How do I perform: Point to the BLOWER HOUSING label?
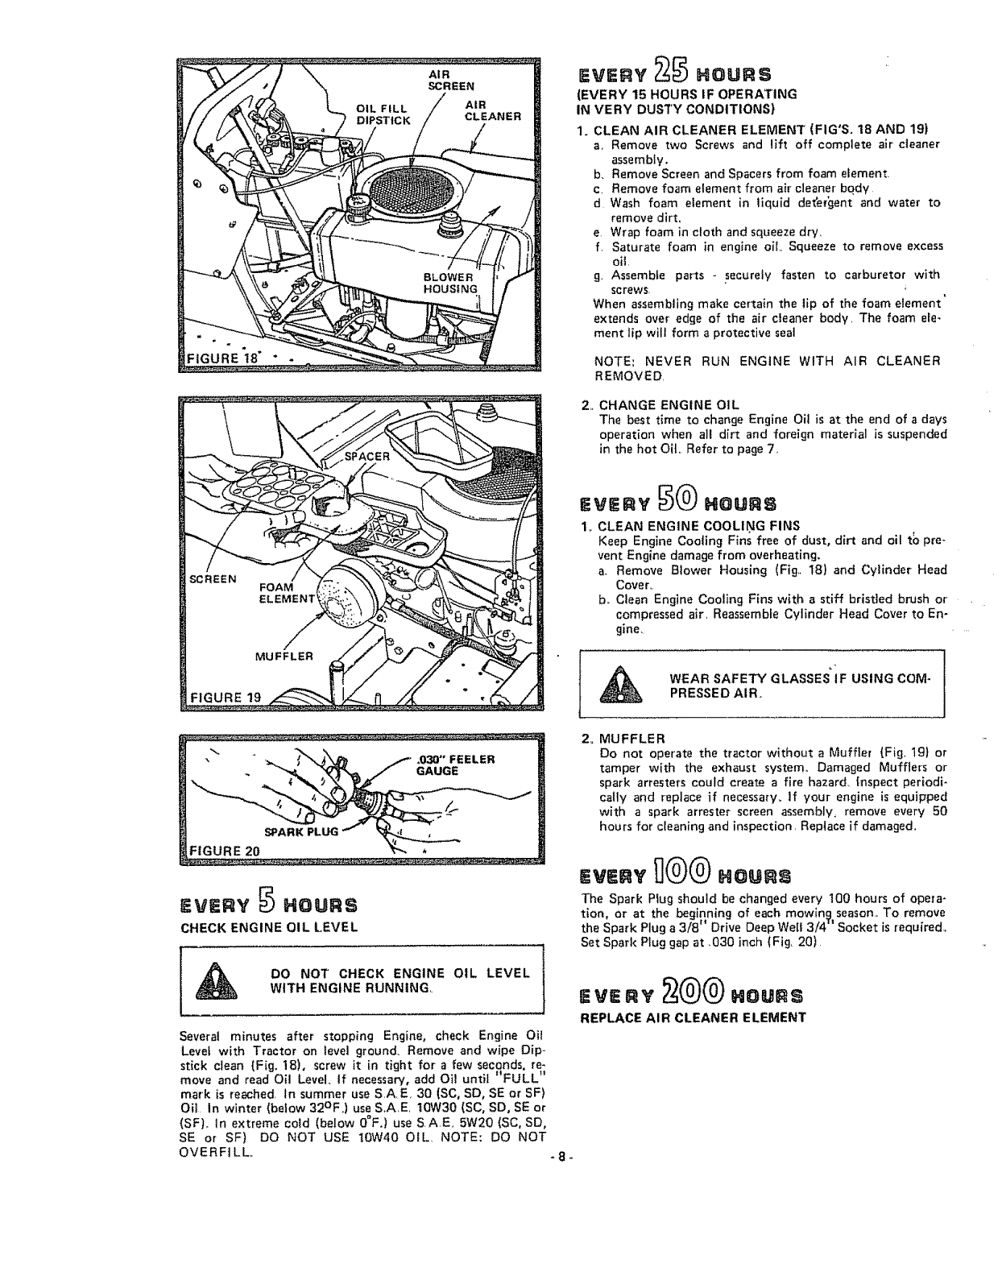click(x=451, y=284)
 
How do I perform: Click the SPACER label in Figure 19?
click(x=366, y=455)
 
